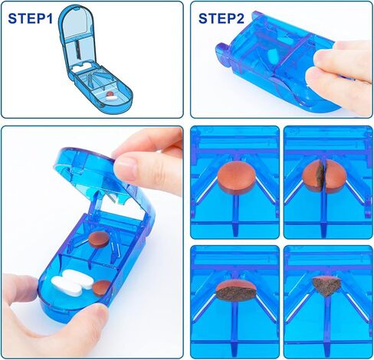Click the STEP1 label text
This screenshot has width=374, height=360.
click(31, 18)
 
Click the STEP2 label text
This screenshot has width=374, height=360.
click(221, 18)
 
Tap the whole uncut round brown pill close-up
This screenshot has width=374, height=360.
click(237, 177)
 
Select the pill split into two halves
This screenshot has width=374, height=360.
click(324, 176)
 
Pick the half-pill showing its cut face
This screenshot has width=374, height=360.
click(235, 291)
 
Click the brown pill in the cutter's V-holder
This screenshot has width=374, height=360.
click(99, 240)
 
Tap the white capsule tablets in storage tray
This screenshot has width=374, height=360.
click(72, 283)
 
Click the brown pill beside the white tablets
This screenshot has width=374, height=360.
click(102, 288)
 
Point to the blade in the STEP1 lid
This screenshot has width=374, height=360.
click(77, 49)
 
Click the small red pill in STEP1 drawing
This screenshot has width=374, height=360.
click(110, 93)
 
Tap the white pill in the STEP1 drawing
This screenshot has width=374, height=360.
click(111, 97)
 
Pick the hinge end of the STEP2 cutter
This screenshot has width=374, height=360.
click(223, 55)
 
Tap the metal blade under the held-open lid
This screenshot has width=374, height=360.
click(114, 196)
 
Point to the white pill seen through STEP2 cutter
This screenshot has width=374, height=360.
click(273, 55)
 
